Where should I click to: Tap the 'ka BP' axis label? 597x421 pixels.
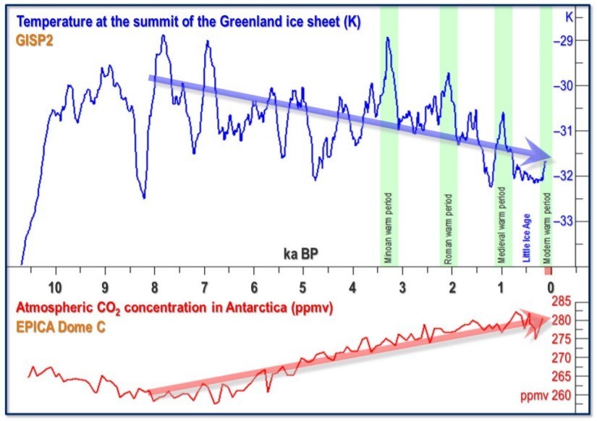click(300, 254)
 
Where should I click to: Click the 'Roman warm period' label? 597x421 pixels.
click(448, 229)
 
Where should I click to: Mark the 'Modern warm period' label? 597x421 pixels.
click(547, 227)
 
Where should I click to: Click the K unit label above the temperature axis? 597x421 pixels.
click(569, 15)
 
